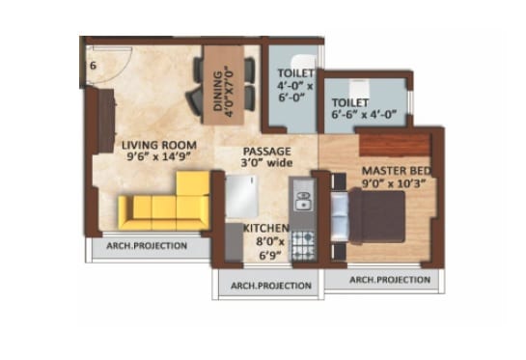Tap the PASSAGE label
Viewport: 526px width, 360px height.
pos(266,151)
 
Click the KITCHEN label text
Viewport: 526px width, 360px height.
pos(265,228)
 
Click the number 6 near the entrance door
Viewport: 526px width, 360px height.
pos(93,66)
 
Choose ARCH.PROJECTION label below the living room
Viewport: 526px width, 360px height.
pos(149,246)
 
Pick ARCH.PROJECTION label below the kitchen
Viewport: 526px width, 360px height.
pos(268,286)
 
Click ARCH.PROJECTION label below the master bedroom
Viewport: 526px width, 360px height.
pos(389,279)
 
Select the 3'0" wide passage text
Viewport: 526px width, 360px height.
pos(266,164)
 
